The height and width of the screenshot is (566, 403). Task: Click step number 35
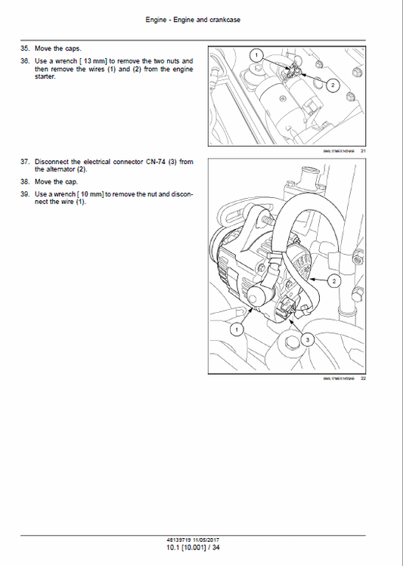coord(25,48)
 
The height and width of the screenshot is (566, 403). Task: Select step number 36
coord(25,60)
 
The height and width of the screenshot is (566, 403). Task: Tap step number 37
coord(25,162)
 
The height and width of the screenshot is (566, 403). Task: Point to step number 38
coord(25,182)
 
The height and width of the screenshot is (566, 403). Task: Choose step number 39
coord(25,194)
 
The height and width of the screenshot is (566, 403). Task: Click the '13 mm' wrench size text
coord(95,60)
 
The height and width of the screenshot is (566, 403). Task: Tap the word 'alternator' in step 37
coord(60,170)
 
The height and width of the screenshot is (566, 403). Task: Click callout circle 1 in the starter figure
coord(257,55)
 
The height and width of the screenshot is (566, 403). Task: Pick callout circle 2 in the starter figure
coord(333,85)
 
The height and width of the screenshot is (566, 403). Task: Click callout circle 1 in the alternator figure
coord(237,329)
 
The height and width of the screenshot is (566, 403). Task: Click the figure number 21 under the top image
coord(364,151)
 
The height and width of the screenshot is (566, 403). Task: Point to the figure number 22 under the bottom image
coord(364,379)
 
